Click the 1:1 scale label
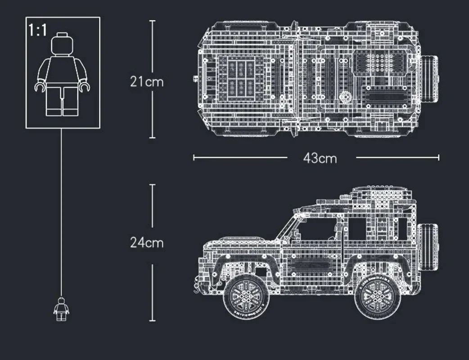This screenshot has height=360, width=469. pos(38,30)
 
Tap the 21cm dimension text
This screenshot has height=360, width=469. pos(147,82)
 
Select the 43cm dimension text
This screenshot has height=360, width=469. pos(320,158)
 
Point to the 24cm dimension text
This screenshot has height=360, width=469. pos(147,243)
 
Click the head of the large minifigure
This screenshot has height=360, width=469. pos(62,44)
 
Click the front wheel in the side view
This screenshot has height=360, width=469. pos(246,297)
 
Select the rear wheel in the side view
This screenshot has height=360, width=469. pos(377,297)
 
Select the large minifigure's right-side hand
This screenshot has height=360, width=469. pos(84,87)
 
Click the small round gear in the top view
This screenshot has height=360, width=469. pos(345,96)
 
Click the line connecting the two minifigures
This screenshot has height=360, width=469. pos(61,211)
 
